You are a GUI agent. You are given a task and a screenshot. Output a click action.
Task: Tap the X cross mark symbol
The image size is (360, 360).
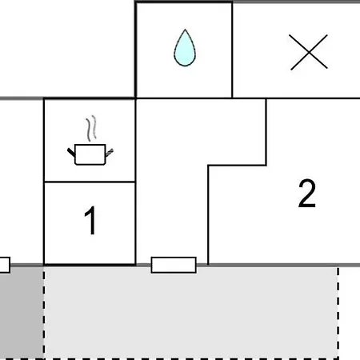point(309,52)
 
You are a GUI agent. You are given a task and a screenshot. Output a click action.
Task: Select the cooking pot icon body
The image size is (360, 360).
point(90,154)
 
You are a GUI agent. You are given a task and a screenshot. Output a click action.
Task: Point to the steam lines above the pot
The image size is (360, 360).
point(91,128)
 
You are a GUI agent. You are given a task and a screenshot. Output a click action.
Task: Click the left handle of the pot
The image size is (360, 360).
point(71,152)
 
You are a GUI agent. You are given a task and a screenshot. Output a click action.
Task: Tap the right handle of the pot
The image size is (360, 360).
point(110,153)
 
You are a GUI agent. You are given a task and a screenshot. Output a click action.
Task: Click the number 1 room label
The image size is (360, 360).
point(90,221)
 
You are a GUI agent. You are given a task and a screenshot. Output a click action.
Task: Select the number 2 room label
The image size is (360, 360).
point(307,194)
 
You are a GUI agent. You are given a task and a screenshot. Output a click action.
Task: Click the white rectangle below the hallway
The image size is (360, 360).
point(174,265)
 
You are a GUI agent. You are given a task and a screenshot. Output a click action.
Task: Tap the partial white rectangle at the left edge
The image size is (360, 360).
point(5,265)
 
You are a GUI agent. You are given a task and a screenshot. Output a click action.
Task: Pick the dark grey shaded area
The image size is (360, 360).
point(22,313)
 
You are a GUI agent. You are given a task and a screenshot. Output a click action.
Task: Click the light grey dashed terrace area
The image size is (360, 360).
point(191,313)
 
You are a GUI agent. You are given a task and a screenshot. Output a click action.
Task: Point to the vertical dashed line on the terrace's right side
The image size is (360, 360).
point(338,314)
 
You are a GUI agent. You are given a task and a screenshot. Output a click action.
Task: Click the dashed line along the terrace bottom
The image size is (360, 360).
point(170,358)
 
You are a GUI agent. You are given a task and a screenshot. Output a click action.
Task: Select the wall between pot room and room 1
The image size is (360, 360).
point(90,182)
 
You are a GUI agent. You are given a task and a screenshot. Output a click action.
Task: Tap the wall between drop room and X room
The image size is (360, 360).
point(232,50)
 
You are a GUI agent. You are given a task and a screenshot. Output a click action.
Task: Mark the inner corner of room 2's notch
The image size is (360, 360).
point(208,166)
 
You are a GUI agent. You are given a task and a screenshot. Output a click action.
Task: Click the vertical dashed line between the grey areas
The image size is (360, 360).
point(44,314)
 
